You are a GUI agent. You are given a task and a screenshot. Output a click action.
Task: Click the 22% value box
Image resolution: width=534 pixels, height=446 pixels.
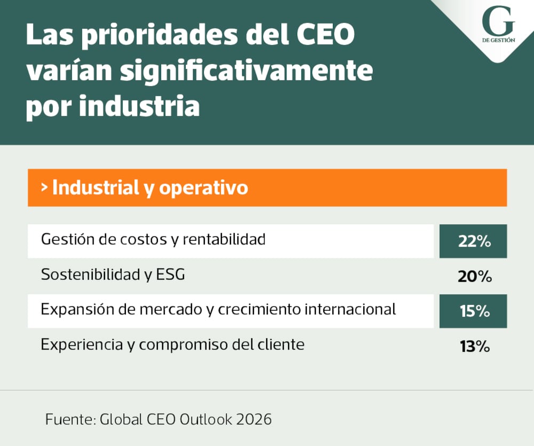(473, 241)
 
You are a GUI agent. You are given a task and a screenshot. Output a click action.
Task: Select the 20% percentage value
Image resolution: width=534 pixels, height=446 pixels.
(474, 277)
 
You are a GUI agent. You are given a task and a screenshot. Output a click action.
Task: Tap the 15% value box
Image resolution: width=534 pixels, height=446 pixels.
(473, 311)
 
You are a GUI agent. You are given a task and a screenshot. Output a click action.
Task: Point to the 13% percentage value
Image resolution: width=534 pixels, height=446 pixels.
(474, 347)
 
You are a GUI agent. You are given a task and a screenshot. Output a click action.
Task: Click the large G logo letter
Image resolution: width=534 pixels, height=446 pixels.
(498, 22)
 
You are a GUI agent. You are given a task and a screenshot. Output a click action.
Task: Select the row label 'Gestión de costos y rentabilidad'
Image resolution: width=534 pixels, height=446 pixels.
(153, 239)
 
